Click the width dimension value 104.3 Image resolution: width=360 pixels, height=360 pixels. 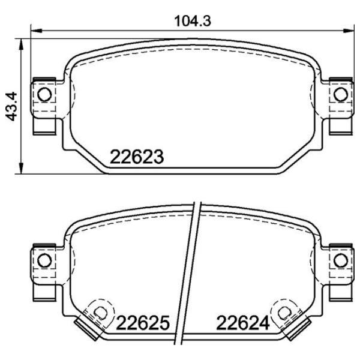coord(193,20)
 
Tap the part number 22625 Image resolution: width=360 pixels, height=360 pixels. coord(144,323)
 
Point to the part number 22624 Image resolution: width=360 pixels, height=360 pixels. coord(242,323)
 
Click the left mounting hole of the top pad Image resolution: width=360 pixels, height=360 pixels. coord(44,94)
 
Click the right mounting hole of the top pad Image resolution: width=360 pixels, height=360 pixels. coord(340,94)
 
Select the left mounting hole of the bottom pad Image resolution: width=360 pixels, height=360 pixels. coord(44,259)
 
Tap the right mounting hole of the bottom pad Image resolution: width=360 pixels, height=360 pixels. coord(340,259)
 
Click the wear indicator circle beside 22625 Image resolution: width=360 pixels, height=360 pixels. coord(100,312)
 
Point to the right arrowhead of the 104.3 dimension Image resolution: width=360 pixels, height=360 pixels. coord(349,29)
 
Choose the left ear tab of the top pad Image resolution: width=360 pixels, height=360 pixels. coord(45,106)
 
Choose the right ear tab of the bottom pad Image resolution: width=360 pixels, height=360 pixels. coord(338,270)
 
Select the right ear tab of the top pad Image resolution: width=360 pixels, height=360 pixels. coord(338,106)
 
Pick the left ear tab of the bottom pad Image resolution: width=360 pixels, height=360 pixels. coord(45,270)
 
